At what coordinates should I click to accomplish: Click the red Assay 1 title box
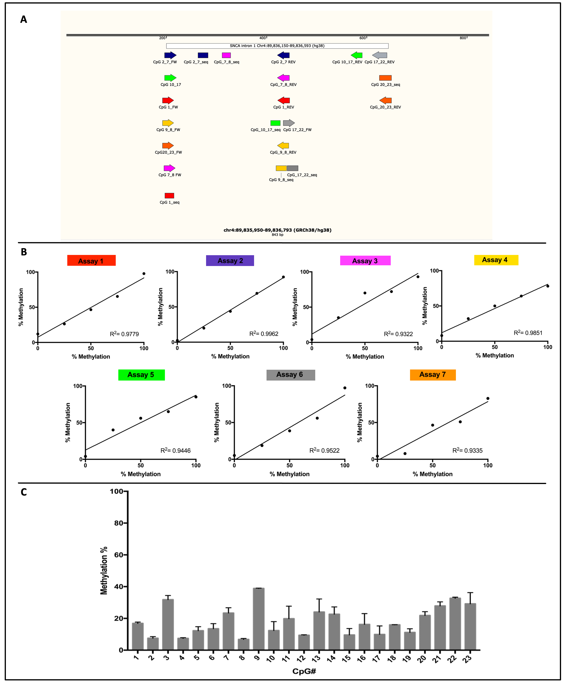click(91, 261)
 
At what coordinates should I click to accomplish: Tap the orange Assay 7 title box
click(432, 375)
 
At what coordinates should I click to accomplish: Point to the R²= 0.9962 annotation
click(263, 334)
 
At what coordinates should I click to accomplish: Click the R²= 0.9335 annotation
click(467, 450)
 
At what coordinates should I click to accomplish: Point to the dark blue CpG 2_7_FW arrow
click(170, 55)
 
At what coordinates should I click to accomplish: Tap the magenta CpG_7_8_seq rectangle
click(226, 55)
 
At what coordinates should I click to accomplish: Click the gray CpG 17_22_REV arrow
click(380, 55)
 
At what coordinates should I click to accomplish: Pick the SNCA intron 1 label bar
click(277, 46)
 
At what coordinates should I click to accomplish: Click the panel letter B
click(24, 252)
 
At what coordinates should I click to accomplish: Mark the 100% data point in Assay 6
click(345, 388)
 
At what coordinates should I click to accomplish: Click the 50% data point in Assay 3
click(365, 293)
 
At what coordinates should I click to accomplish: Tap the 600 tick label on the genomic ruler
click(362, 38)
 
